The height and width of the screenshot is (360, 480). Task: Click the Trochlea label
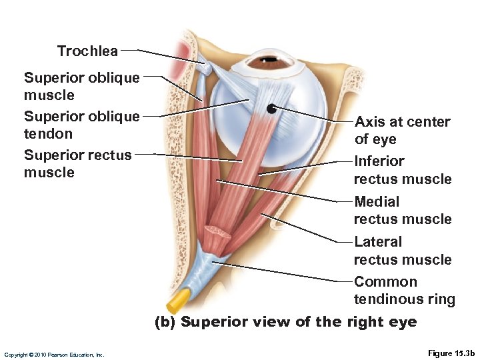coord(87,51)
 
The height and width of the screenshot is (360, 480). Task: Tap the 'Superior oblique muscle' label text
coord(81,86)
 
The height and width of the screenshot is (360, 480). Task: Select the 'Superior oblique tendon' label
coord(81,125)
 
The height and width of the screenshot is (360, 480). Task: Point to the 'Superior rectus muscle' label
coord(77,163)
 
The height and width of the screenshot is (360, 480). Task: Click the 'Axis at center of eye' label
coord(402,130)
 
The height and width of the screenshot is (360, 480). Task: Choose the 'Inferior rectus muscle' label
coord(402,169)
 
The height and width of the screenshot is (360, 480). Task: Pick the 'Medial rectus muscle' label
coord(402,210)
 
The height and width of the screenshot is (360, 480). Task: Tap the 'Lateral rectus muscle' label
coord(402,250)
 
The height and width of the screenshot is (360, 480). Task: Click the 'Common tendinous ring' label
coord(404,290)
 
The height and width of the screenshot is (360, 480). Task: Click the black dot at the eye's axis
coord(271,108)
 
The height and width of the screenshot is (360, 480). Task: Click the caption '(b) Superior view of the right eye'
coord(285,322)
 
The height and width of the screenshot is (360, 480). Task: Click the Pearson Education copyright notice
coord(54,355)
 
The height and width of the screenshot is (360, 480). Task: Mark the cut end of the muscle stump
coord(217,233)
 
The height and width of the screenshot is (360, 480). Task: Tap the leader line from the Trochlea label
coord(163,55)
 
